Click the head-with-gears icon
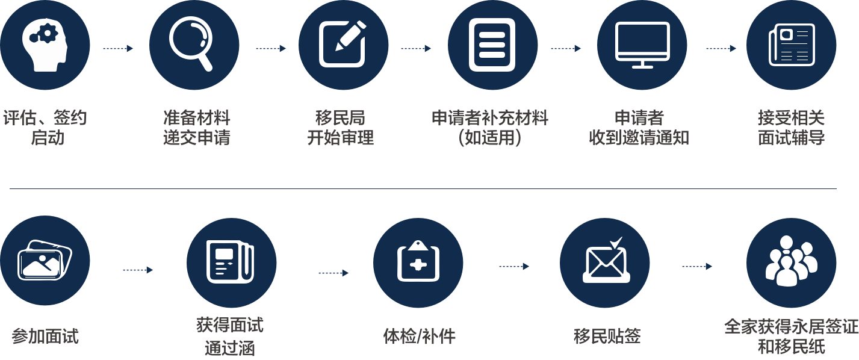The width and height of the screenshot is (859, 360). [x=45, y=45]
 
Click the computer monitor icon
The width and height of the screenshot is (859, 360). [x=642, y=45]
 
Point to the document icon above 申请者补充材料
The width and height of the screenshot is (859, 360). [x=493, y=45]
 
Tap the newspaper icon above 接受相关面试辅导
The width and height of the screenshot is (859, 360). [x=791, y=45]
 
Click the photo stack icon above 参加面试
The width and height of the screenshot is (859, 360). [x=45, y=261]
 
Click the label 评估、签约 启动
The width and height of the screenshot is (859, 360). [x=45, y=128]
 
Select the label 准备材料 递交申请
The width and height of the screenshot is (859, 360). [x=197, y=128]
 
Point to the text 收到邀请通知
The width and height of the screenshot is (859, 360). [x=639, y=138]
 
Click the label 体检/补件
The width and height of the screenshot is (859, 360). [x=419, y=337]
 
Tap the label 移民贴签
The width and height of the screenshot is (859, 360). [x=607, y=337]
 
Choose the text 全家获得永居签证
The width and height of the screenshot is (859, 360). [x=791, y=327]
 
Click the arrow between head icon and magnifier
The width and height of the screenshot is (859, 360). [x=118, y=48]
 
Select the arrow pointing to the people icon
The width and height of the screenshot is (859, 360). [x=697, y=266]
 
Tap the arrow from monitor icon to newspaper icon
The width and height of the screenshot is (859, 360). [x=721, y=48]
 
